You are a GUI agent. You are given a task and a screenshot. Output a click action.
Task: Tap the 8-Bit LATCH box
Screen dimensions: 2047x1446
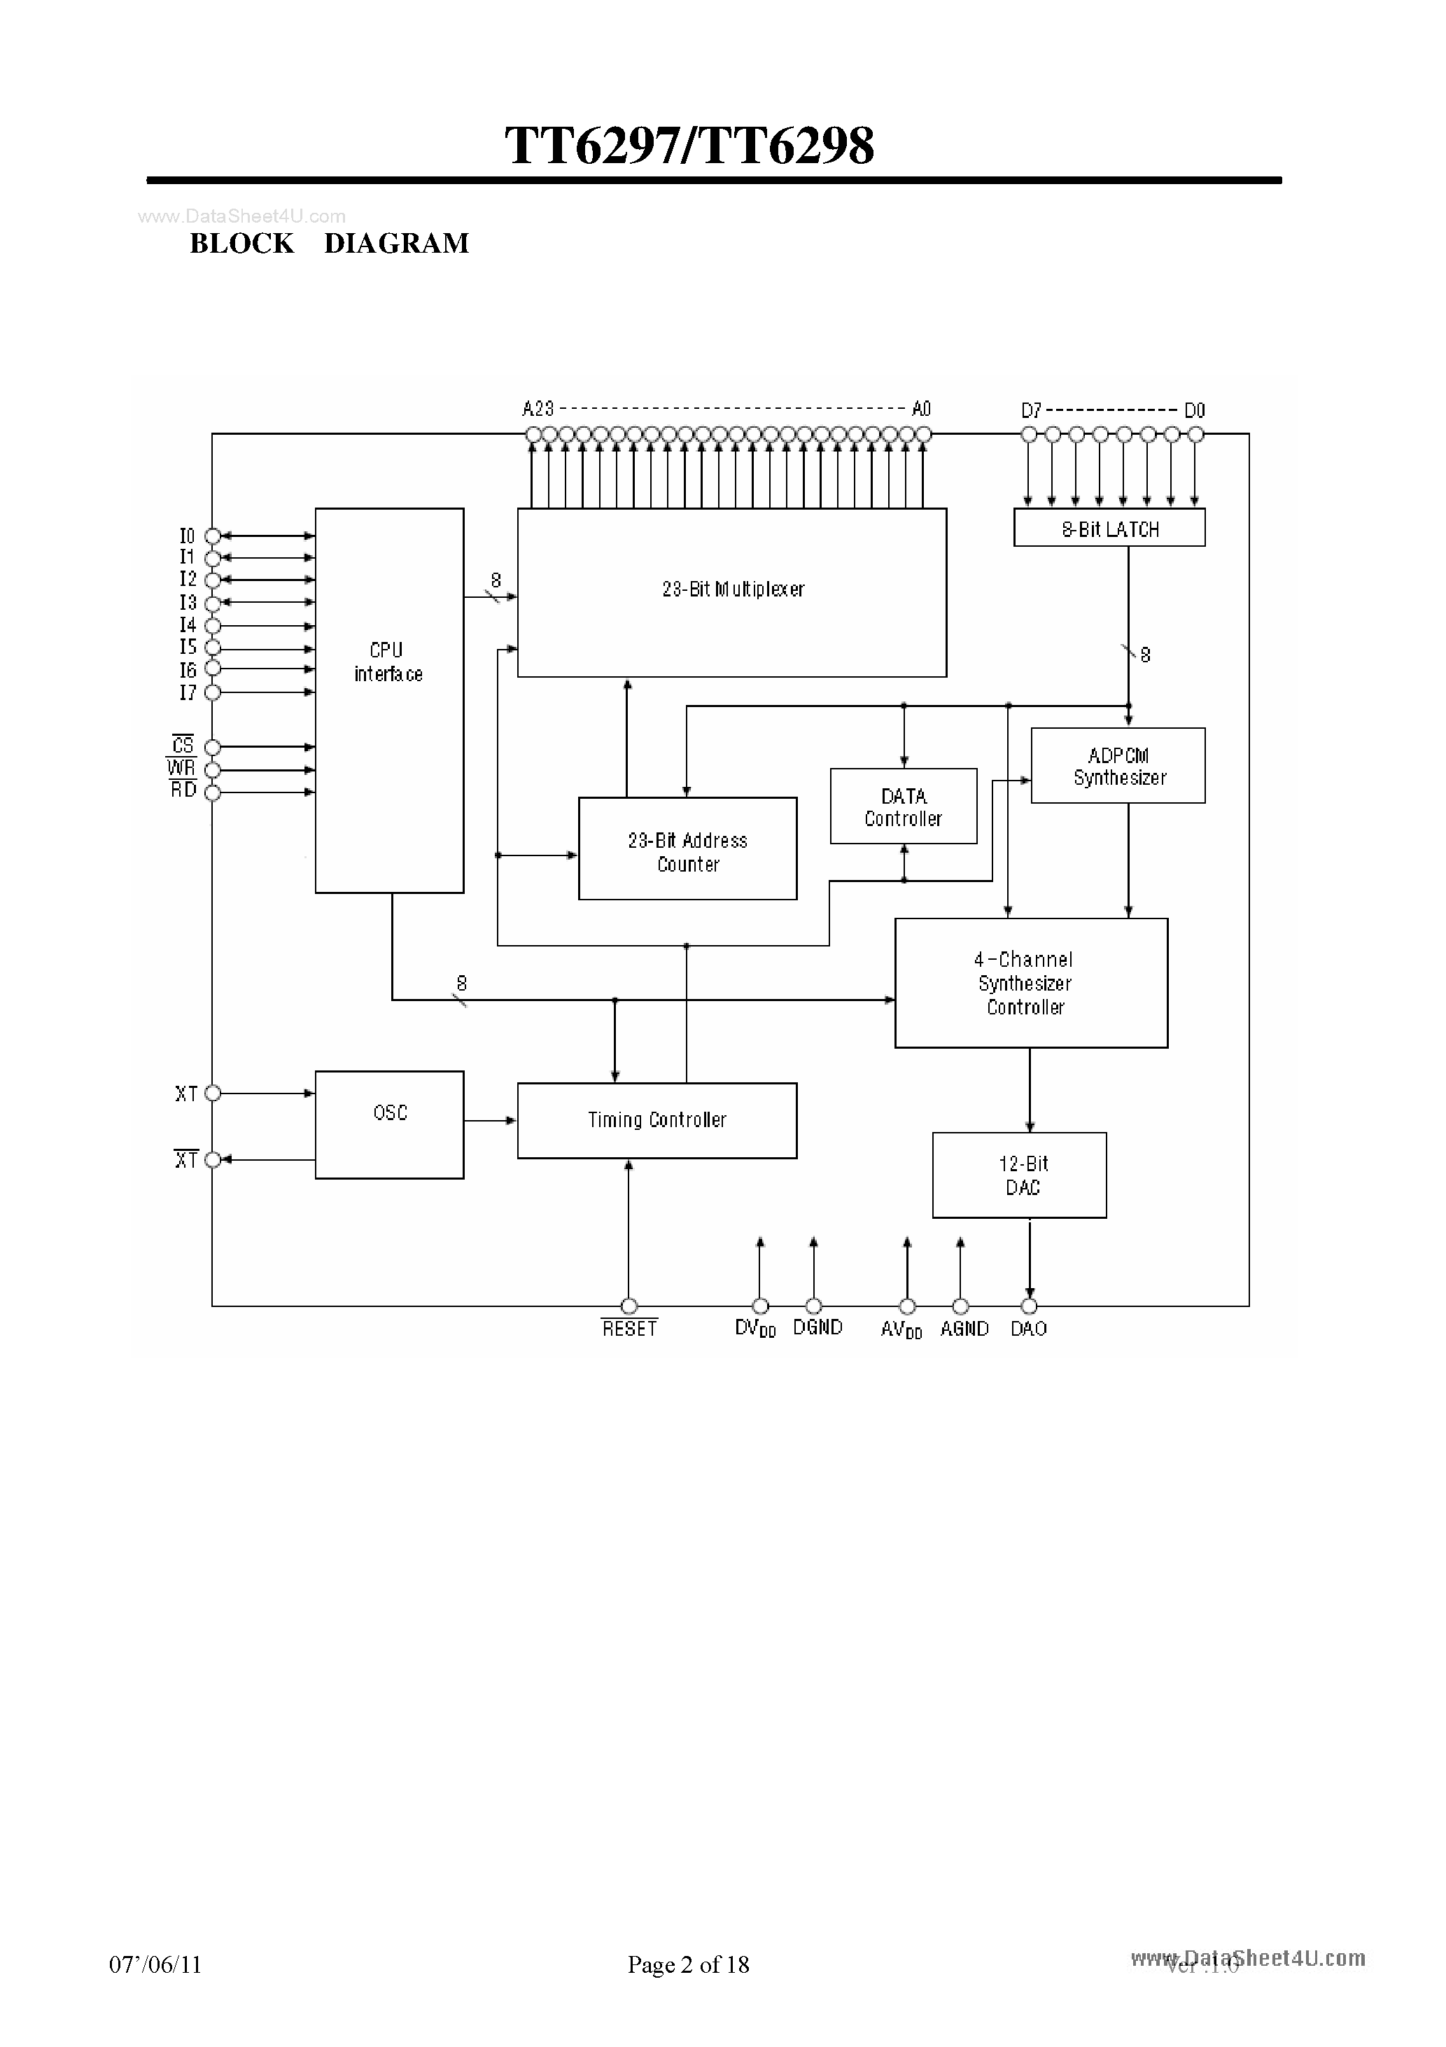tap(1109, 528)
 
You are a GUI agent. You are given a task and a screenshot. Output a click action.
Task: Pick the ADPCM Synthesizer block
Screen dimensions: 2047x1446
tap(1118, 766)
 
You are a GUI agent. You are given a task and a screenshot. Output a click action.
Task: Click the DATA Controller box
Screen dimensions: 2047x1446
tap(903, 806)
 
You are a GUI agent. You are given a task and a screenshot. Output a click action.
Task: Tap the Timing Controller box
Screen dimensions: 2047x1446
tap(657, 1121)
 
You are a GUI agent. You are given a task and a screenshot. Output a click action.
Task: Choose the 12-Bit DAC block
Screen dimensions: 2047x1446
tap(1019, 1175)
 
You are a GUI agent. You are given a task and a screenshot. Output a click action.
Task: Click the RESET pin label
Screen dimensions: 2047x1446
tap(629, 1329)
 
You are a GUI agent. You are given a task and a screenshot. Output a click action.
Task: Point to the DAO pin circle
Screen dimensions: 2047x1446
tap(1029, 1307)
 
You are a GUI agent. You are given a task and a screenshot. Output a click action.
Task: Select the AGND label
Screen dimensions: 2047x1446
tap(964, 1329)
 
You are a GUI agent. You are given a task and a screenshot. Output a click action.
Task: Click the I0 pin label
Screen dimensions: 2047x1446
tap(187, 536)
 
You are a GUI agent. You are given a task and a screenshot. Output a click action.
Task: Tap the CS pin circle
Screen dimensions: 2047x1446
tap(212, 747)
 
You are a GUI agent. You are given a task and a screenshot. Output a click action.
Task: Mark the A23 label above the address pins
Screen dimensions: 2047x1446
tap(538, 410)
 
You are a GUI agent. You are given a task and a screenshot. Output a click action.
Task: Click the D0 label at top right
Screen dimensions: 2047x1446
tap(1194, 411)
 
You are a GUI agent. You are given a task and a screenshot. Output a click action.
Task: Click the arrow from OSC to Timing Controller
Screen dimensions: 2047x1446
tap(491, 1121)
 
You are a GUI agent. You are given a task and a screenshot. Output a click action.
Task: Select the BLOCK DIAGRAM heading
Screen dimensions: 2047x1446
tap(329, 244)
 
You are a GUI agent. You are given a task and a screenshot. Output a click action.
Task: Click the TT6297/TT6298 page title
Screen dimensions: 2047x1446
tap(689, 146)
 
